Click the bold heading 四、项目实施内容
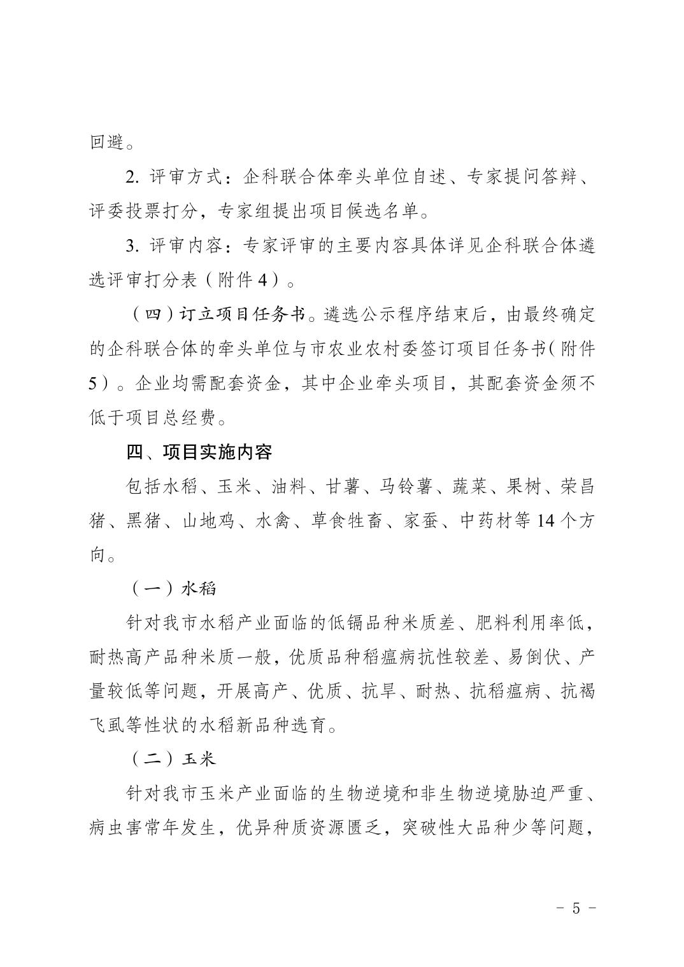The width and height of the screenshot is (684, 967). tap(199, 452)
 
